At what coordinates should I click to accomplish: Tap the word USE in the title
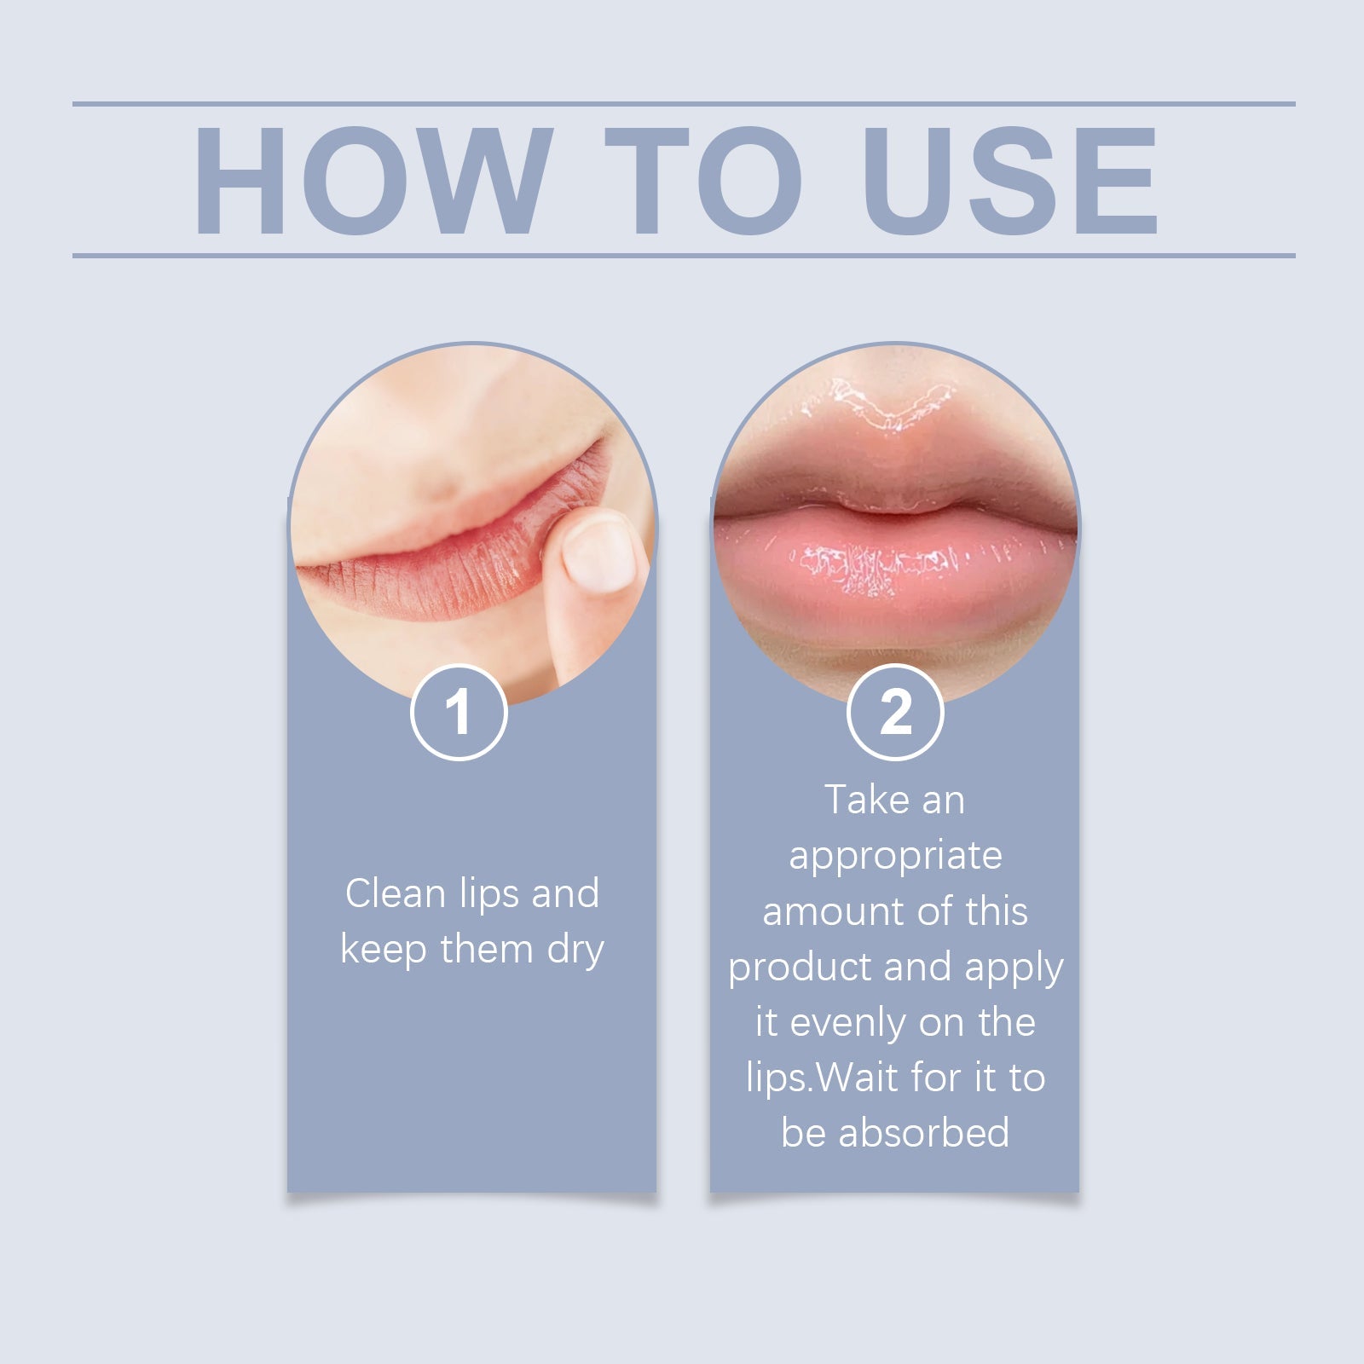pyautogui.click(x=1009, y=180)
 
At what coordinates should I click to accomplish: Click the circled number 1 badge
pyautogui.click(x=459, y=712)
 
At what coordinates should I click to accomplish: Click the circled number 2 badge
pyautogui.click(x=895, y=712)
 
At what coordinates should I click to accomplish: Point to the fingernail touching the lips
pyautogui.click(x=599, y=556)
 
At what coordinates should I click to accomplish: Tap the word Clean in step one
pyautogui.click(x=395, y=893)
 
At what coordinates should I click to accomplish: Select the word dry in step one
pyautogui.click(x=575, y=950)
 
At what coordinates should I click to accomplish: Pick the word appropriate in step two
pyautogui.click(x=895, y=856)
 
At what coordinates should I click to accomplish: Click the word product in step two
pyautogui.click(x=800, y=968)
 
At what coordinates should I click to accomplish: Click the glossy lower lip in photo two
pyautogui.click(x=895, y=575)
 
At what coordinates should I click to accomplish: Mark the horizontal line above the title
pyautogui.click(x=682, y=104)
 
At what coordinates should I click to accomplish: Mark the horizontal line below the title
pyautogui.click(x=682, y=255)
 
